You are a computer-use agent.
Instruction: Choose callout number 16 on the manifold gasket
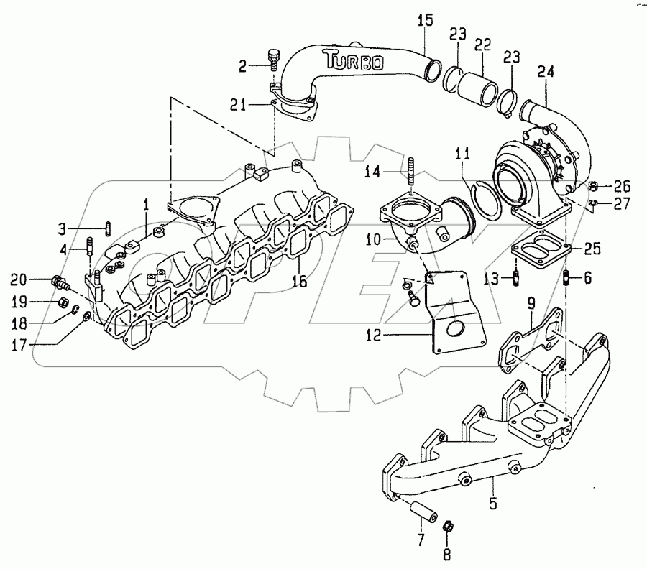click(x=300, y=282)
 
